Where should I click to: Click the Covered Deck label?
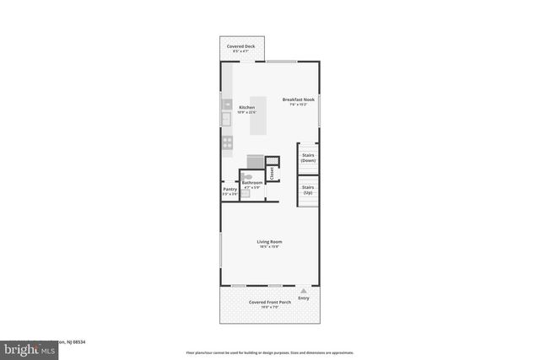click(243, 46)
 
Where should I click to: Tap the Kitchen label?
click(246, 108)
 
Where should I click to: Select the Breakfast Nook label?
click(297, 99)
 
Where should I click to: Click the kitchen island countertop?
click(257, 116)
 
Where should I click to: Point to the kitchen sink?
click(226, 120)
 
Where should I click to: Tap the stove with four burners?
click(227, 143)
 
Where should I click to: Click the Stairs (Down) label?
click(308, 158)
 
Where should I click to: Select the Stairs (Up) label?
click(308, 190)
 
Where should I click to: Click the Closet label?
click(272, 173)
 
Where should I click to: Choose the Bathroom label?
click(252, 183)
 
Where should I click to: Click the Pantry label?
click(229, 190)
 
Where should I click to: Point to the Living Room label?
click(269, 242)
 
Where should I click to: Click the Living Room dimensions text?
click(269, 248)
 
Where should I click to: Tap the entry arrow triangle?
click(304, 290)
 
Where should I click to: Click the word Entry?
click(304, 298)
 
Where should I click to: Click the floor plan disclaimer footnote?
click(269, 352)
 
